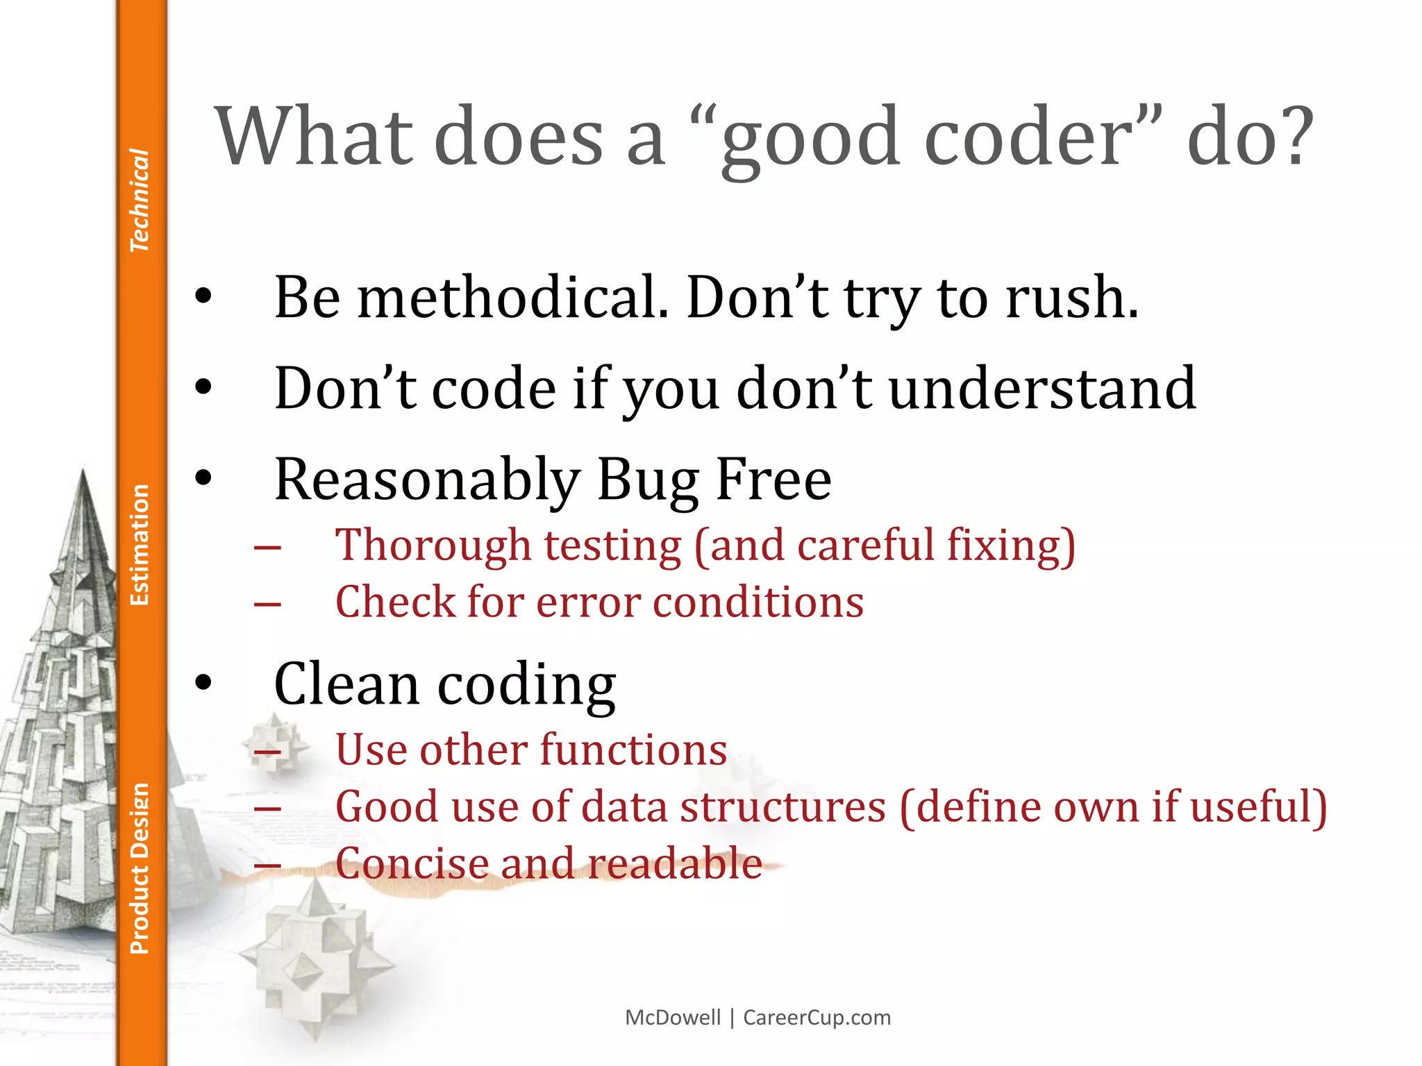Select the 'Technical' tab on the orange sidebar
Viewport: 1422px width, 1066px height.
(140, 200)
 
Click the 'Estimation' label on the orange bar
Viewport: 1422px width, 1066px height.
(140, 545)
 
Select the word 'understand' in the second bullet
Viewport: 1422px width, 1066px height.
(1042, 389)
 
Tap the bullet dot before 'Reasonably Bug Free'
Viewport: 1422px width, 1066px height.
(203, 478)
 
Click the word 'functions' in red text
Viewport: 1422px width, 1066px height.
(633, 750)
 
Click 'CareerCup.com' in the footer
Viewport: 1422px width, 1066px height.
(817, 1017)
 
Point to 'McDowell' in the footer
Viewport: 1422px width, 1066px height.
(673, 1017)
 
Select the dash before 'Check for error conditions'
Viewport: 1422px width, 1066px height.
(267, 604)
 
